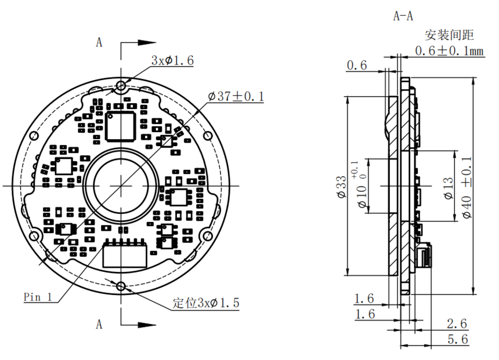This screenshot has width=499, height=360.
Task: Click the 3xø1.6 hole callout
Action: coord(172,60)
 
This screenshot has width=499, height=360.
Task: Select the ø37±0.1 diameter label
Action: coord(236,96)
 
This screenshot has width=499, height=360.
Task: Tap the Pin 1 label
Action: coord(38,297)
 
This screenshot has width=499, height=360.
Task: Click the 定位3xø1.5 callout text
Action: coord(206,303)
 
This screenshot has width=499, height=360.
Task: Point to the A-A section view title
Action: coord(403,16)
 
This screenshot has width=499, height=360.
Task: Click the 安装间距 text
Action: coord(449,35)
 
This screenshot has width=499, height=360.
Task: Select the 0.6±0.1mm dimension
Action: coord(449,51)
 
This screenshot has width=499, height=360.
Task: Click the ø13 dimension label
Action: coord(448,188)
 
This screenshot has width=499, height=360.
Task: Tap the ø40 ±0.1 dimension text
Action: coord(467,188)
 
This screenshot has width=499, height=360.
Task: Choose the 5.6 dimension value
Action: coord(458,339)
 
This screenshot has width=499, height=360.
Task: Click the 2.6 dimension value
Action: coord(457,323)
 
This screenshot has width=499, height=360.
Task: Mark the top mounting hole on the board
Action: coord(121,86)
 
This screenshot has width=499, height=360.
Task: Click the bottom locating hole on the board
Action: coord(121,286)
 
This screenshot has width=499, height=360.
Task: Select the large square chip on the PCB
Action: coord(121,126)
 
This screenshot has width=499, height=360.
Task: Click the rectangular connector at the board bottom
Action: coord(125,254)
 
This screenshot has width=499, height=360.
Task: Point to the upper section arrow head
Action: coord(147,42)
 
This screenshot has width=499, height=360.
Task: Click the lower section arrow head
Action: coord(147,325)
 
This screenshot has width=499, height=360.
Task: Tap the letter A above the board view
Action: coord(99,42)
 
